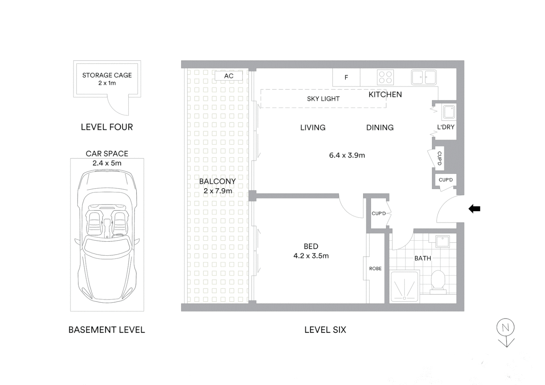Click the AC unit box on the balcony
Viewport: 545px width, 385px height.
(229, 76)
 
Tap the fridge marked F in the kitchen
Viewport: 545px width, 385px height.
(346, 77)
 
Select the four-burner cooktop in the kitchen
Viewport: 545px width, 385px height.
(385, 77)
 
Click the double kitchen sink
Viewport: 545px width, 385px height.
(424, 77)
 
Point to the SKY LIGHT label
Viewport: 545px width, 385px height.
(323, 99)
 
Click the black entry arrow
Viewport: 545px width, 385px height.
(474, 209)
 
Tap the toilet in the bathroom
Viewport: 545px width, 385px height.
(438, 282)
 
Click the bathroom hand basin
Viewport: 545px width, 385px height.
(443, 241)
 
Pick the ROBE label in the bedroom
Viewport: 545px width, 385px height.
(375, 268)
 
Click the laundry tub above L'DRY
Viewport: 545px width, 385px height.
(448, 112)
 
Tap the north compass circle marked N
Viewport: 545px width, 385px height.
(505, 328)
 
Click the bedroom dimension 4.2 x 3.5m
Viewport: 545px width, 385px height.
(311, 256)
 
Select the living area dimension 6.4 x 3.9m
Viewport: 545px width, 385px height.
(347, 155)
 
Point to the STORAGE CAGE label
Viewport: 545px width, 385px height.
(107, 75)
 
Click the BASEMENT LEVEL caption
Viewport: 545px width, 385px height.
(107, 330)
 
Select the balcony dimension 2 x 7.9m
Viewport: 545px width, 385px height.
(218, 191)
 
